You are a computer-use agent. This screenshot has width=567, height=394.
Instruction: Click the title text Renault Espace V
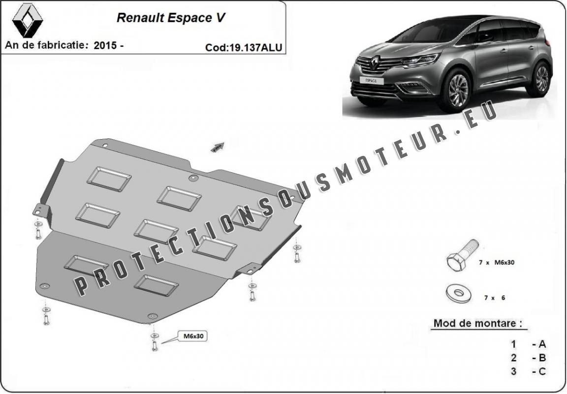[171, 18]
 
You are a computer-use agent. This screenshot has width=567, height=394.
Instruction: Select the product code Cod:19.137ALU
[244, 48]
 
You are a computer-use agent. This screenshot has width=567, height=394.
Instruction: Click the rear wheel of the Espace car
[541, 79]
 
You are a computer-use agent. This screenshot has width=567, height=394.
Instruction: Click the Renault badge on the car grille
[375, 63]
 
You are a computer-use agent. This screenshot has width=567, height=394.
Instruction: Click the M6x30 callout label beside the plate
[192, 336]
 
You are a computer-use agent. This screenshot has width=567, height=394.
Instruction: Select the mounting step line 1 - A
[528, 344]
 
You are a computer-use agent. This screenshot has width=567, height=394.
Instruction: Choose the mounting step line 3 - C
[528, 371]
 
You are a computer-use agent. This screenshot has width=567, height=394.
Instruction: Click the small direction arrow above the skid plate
[218, 147]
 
